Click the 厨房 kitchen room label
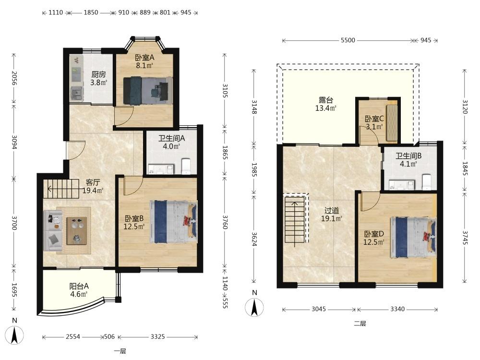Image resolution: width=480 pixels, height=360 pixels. click(x=98, y=78)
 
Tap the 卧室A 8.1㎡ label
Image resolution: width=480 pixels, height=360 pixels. click(x=144, y=61)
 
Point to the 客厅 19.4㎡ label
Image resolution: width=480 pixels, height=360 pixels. click(x=93, y=186)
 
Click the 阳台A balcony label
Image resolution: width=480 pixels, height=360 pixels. click(x=79, y=290)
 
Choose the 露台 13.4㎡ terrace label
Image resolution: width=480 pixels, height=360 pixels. click(x=326, y=104)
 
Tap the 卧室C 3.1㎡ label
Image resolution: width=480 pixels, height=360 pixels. click(x=374, y=122)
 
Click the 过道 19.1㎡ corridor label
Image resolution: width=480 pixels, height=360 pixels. click(x=332, y=214)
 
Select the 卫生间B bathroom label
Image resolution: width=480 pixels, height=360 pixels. click(x=408, y=160)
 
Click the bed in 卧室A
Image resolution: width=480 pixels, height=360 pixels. click(x=147, y=90)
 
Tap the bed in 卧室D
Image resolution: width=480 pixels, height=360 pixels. click(x=413, y=237)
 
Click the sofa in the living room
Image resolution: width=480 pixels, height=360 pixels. click(x=53, y=230)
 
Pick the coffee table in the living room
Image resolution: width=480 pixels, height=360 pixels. click(x=76, y=231)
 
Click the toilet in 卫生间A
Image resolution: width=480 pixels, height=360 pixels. click(x=186, y=166)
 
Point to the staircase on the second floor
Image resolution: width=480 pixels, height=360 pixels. click(x=295, y=220)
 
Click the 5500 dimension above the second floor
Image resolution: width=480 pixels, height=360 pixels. click(x=348, y=40)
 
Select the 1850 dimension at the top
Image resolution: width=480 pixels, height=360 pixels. click(x=91, y=12)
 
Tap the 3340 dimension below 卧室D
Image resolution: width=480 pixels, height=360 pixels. click(x=397, y=309)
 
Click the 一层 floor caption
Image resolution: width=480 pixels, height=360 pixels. click(x=120, y=351)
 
